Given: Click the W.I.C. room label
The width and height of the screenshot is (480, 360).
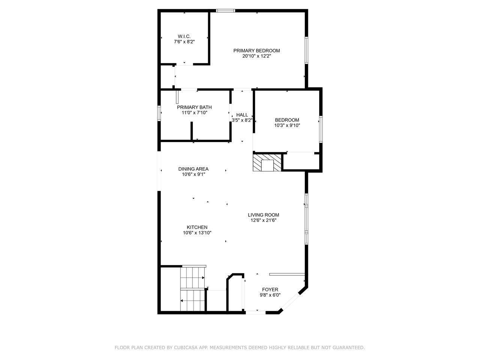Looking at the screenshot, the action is click(184, 36).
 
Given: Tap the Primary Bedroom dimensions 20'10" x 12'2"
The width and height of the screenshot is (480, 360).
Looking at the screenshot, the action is click(256, 56).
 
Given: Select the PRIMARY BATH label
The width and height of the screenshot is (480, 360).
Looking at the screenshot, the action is click(194, 107).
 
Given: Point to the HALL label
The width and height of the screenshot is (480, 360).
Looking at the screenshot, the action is click(242, 115).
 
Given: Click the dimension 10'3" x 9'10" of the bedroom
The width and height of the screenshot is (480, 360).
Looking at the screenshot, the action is click(287, 126).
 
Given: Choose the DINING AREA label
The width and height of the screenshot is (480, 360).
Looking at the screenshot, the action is click(193, 169).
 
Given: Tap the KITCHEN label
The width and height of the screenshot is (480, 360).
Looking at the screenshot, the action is click(197, 227).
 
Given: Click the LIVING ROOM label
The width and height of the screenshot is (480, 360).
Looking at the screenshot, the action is click(264, 215).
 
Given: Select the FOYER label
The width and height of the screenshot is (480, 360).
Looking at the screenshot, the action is click(270, 289).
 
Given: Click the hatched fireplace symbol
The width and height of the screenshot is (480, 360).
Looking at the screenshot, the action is click(267, 163).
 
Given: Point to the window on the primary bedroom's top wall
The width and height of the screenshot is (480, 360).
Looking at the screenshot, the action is click(225, 10).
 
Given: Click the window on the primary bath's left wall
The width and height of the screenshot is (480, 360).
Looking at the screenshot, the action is click(159, 113).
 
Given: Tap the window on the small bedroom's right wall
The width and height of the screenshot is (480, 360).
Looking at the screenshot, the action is click(321, 129).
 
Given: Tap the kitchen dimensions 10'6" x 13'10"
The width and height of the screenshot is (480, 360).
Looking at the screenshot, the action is click(197, 233).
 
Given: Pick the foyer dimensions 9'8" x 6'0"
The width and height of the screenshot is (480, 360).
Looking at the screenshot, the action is click(270, 295).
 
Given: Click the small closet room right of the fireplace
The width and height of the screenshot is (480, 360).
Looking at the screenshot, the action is click(301, 162).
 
